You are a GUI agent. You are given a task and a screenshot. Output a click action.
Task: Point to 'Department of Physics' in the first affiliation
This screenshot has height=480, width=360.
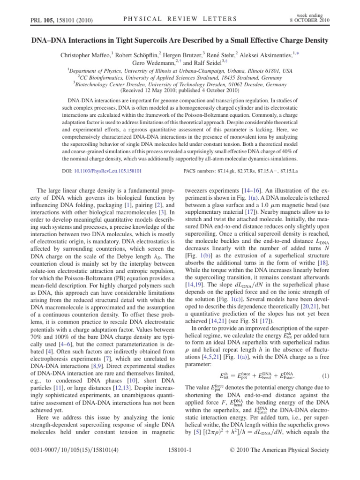(98, 70)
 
